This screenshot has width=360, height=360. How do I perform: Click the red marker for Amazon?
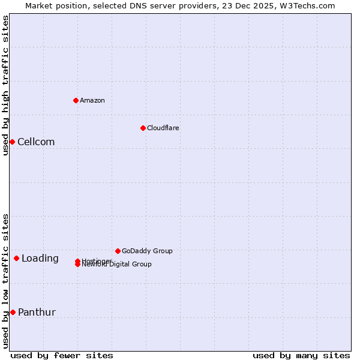click(x=76, y=100)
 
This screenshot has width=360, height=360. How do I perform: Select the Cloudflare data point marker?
click(x=143, y=128)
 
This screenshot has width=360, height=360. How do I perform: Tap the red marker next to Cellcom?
click(x=12, y=142)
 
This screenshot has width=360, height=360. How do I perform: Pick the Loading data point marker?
click(x=16, y=259)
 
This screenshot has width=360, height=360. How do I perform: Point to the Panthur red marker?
click(x=13, y=312)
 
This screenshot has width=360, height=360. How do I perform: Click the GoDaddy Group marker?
click(x=118, y=251)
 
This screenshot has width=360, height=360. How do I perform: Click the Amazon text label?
click(x=92, y=100)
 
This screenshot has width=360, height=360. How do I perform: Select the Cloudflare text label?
click(x=163, y=128)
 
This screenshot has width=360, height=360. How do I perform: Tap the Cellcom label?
click(x=36, y=142)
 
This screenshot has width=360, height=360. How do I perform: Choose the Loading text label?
click(x=40, y=259)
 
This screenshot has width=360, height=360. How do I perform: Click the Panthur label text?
click(x=37, y=312)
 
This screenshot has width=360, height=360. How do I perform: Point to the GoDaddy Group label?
click(x=147, y=251)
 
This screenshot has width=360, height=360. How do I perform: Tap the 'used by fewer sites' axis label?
click(x=62, y=355)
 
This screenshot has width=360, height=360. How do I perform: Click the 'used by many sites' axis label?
click(x=301, y=355)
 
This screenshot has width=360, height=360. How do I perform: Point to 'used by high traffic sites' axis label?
click(x=5, y=85)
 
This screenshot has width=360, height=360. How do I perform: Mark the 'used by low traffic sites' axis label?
click(x=5, y=281)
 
